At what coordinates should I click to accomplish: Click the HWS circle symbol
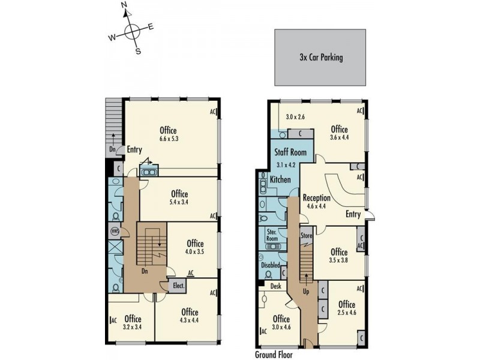point(115,231)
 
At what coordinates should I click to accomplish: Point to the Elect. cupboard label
point(178,287)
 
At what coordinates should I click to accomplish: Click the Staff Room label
point(290,152)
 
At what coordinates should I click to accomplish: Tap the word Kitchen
point(280,179)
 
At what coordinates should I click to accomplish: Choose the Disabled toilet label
point(270,265)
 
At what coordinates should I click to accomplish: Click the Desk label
point(275,287)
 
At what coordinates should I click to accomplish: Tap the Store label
point(307,236)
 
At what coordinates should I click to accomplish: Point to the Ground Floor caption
point(274,355)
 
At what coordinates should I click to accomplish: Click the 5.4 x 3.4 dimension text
point(179,203)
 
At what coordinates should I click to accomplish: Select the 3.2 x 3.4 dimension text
point(133,328)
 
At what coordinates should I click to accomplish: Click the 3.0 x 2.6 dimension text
point(295,117)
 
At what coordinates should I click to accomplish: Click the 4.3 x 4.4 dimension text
point(189,321)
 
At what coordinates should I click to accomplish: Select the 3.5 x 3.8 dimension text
point(339,260)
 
